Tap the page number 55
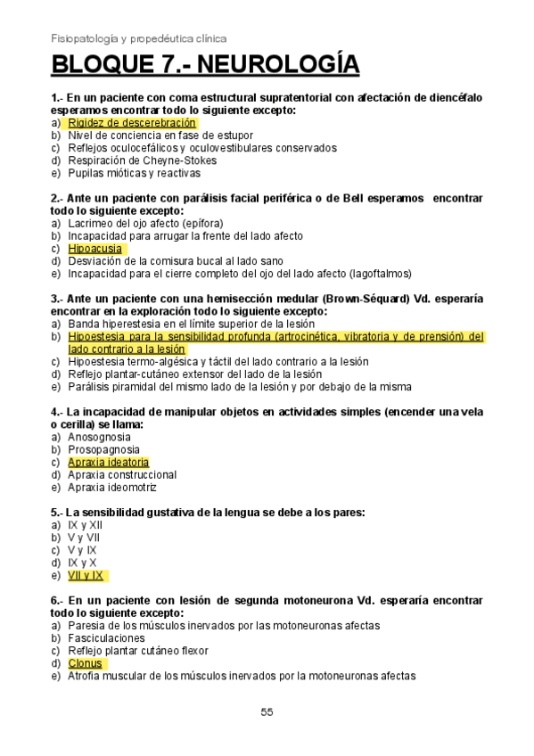267,711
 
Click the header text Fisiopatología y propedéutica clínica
138,38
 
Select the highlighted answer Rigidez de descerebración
131,122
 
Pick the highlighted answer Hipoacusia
94,249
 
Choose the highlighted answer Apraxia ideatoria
108,462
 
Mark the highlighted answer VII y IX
86,575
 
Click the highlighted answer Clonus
85,663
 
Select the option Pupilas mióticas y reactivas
135,173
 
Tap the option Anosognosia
99,437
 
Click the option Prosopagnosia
102,449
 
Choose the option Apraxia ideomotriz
111,488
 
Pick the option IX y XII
85,525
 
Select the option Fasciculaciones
105,638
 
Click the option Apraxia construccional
122,475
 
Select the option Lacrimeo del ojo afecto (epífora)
145,223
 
